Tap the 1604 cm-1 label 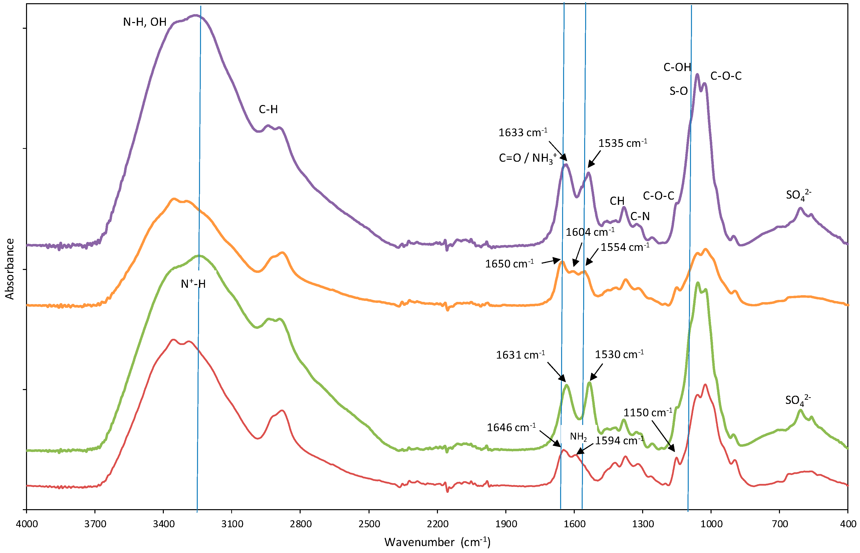pos(590,232)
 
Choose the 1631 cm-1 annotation pos(520,355)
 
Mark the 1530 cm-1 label pos(619,354)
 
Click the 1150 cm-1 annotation pos(647,413)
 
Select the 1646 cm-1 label pos(511,427)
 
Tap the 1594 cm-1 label pos(619,441)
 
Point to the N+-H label pos(193,284)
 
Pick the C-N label pos(640,216)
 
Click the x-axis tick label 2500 pos(369,524)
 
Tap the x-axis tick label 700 pos(779,524)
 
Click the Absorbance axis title pos(9,269)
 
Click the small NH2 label pos(578,437)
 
